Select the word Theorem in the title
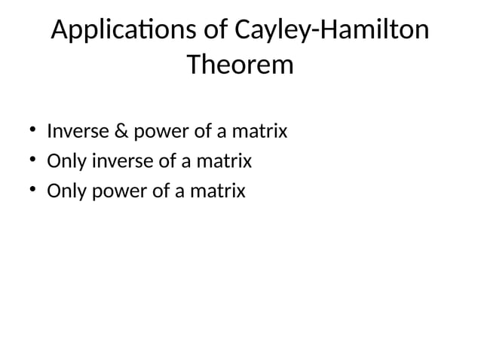tap(240, 66)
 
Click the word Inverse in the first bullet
tap(77, 132)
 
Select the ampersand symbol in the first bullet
tap(121, 132)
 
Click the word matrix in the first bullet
tap(260, 132)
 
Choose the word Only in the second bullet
tap(66, 162)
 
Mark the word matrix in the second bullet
tap(224, 161)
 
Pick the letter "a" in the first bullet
tap(222, 133)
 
